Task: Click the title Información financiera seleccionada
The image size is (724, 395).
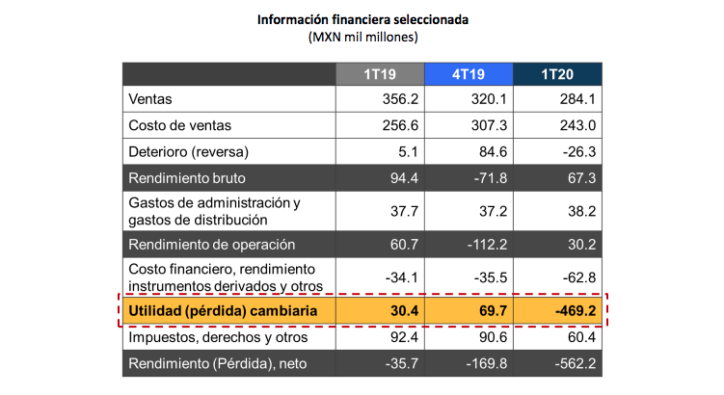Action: [x=362, y=19]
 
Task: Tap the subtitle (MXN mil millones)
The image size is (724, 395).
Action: [x=362, y=38]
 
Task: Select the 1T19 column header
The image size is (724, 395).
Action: [x=378, y=75]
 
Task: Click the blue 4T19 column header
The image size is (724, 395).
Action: [x=468, y=75]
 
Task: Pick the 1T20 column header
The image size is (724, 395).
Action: [x=557, y=75]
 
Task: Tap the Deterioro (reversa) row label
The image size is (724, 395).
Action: [x=189, y=152]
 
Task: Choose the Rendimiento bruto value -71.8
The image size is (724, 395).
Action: [x=488, y=178]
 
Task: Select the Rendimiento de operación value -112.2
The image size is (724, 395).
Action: [x=485, y=245]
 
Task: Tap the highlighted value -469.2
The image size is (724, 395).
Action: [x=575, y=311]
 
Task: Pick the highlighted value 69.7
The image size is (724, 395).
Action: [x=490, y=311]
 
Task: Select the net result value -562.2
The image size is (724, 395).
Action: [x=576, y=364]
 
